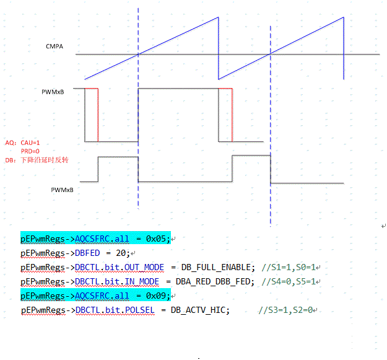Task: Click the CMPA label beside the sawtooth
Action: (x=54, y=46)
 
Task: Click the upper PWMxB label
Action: (x=53, y=92)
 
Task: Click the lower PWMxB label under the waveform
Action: (x=62, y=190)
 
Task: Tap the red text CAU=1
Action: (x=30, y=143)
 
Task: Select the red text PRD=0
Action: (x=30, y=151)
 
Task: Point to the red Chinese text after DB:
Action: (x=45, y=160)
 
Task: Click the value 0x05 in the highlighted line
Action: (x=156, y=239)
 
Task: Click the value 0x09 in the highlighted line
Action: (x=156, y=296)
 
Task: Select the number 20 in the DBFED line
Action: (x=121, y=253)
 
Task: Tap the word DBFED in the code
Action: (x=87, y=253)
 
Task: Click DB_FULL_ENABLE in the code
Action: (x=216, y=268)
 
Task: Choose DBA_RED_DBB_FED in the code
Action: (x=213, y=281)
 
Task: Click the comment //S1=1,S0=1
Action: (x=289, y=268)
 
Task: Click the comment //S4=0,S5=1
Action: (x=289, y=281)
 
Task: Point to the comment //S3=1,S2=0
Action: (x=285, y=310)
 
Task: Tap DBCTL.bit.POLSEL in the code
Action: (x=115, y=310)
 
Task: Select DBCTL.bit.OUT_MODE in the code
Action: (x=120, y=268)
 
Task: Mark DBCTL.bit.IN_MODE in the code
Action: (x=117, y=281)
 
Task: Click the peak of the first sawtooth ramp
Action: (x=218, y=17)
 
